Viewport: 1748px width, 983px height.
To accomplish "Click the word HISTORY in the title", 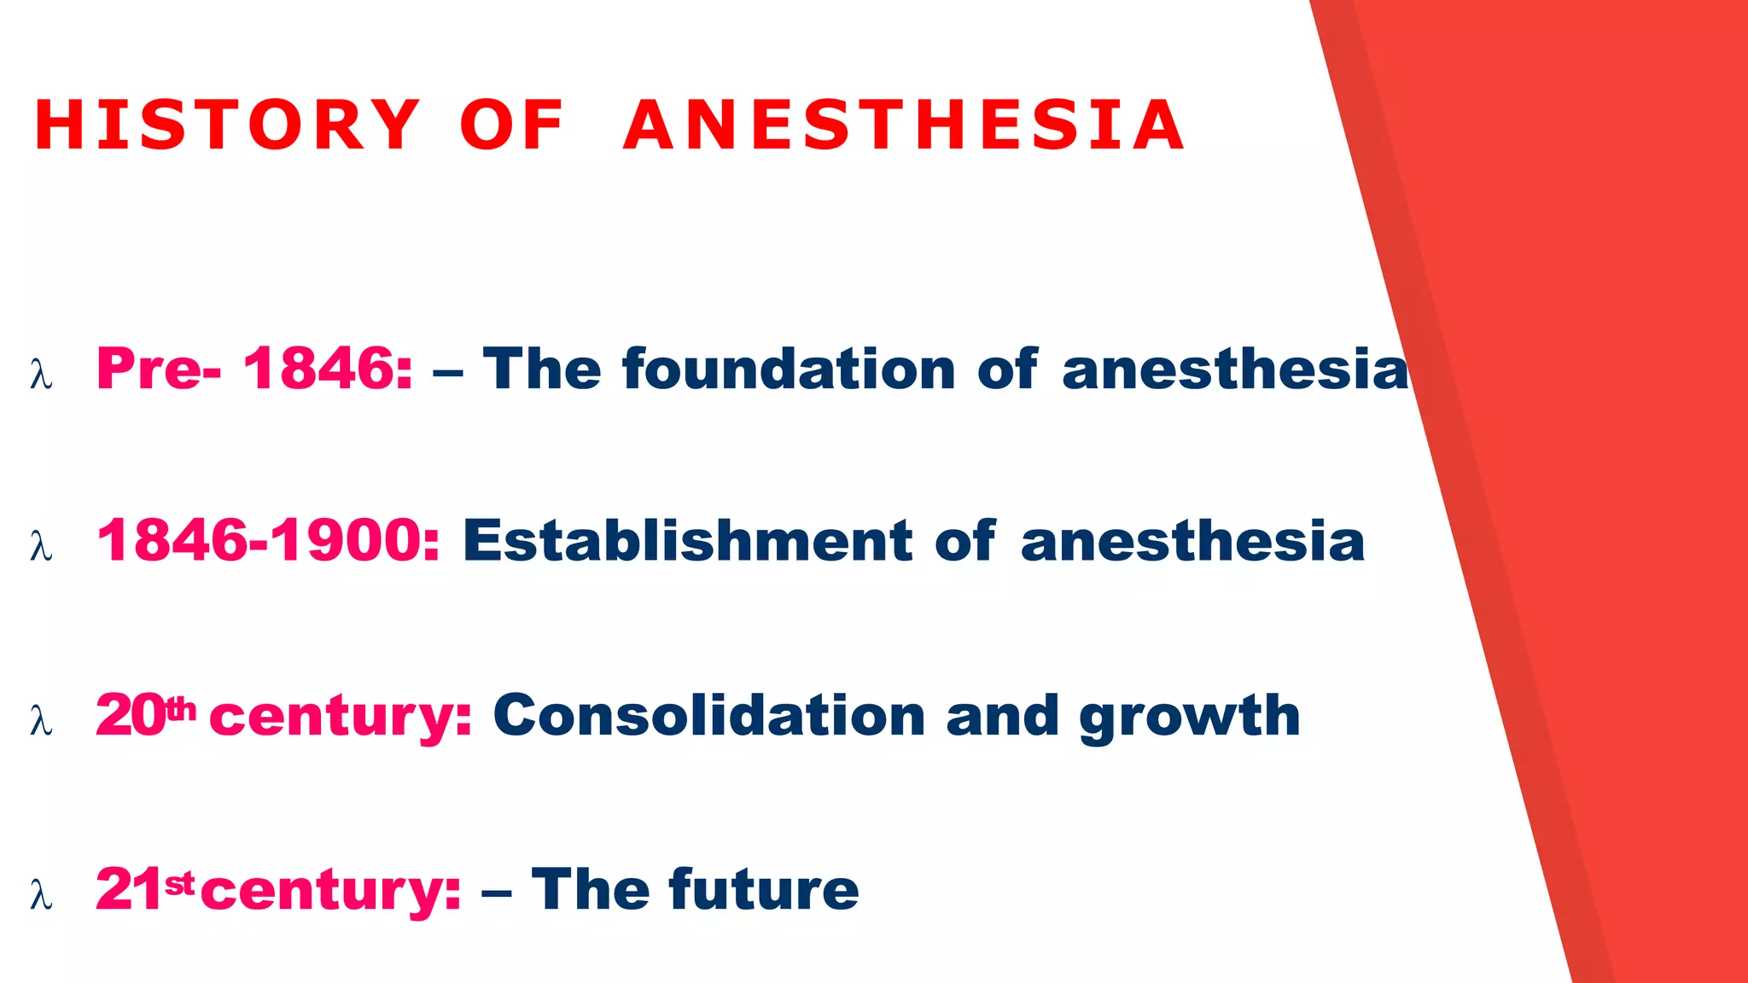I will click(227, 125).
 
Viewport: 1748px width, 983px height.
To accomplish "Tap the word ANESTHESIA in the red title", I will click(904, 125).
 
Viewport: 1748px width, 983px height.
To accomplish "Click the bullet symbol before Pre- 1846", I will click(41, 375).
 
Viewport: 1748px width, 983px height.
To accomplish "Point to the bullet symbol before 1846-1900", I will click(41, 546).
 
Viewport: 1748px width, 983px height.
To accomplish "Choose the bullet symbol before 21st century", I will click(41, 895).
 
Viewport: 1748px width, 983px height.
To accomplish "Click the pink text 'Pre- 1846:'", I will click(254, 369).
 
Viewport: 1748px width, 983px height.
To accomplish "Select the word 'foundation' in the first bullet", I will click(789, 369).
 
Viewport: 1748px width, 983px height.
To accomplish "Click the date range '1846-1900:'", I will click(269, 541).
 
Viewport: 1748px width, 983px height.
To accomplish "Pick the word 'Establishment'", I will click(687, 541).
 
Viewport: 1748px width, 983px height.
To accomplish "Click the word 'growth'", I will click(1190, 717).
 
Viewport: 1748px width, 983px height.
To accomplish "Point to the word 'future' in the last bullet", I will click(764, 889).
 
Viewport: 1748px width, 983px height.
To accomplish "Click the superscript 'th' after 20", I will click(180, 707).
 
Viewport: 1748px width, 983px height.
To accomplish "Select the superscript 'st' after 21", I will click(179, 884).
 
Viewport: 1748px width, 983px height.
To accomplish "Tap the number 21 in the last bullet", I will click(128, 889).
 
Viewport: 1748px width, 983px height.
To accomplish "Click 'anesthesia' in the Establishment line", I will click(1192, 541).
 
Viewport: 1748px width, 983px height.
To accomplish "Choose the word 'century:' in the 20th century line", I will click(341, 717).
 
